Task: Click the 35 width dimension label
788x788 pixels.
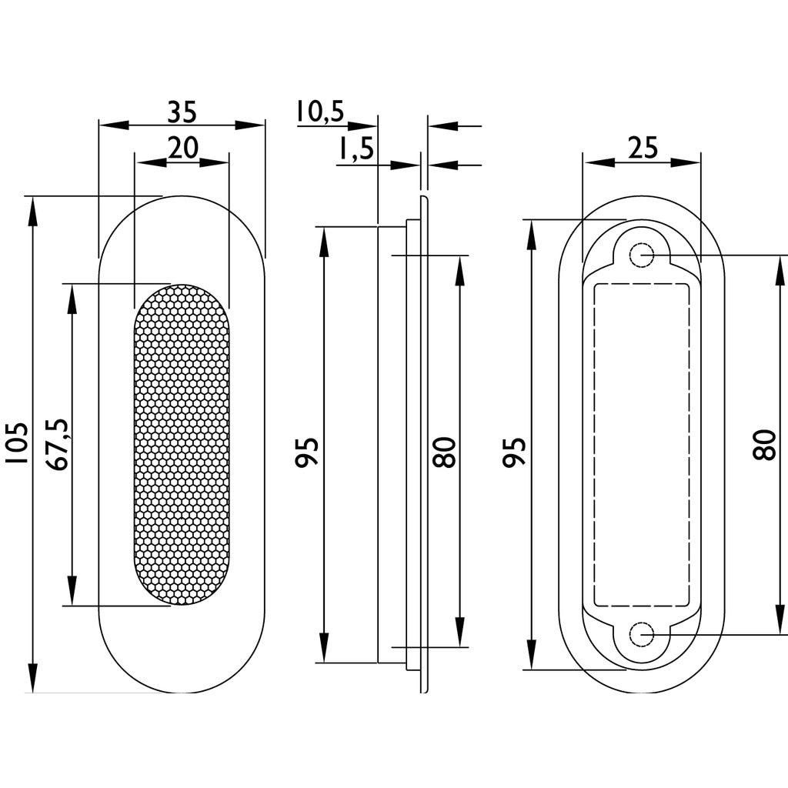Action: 182,112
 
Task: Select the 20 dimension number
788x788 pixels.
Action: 183,148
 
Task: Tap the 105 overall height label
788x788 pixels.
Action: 17,442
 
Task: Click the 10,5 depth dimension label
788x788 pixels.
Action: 319,112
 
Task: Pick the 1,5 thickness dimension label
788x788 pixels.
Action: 356,149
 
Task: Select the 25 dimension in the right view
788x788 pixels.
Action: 643,148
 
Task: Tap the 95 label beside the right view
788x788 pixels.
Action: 515,452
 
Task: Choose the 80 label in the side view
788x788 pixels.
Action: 445,452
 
